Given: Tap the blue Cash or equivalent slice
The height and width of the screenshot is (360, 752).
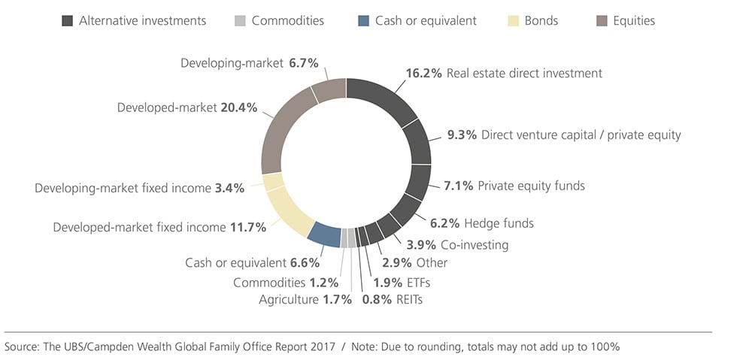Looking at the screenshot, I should coord(324,234).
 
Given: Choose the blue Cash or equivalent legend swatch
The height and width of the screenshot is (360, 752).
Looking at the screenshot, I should coord(364,21).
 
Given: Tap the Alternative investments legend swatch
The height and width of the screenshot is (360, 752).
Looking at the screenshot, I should coord(68,21).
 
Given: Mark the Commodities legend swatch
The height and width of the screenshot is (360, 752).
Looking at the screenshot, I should coord(241,21).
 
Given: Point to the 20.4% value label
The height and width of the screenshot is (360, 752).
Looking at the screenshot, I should coord(238,107).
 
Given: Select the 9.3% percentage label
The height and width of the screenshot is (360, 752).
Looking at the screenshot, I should coord(461,135).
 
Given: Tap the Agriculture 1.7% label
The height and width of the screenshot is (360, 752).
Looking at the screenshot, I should coord(295,300).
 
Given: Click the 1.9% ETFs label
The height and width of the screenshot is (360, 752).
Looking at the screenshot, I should coord(402,283).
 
